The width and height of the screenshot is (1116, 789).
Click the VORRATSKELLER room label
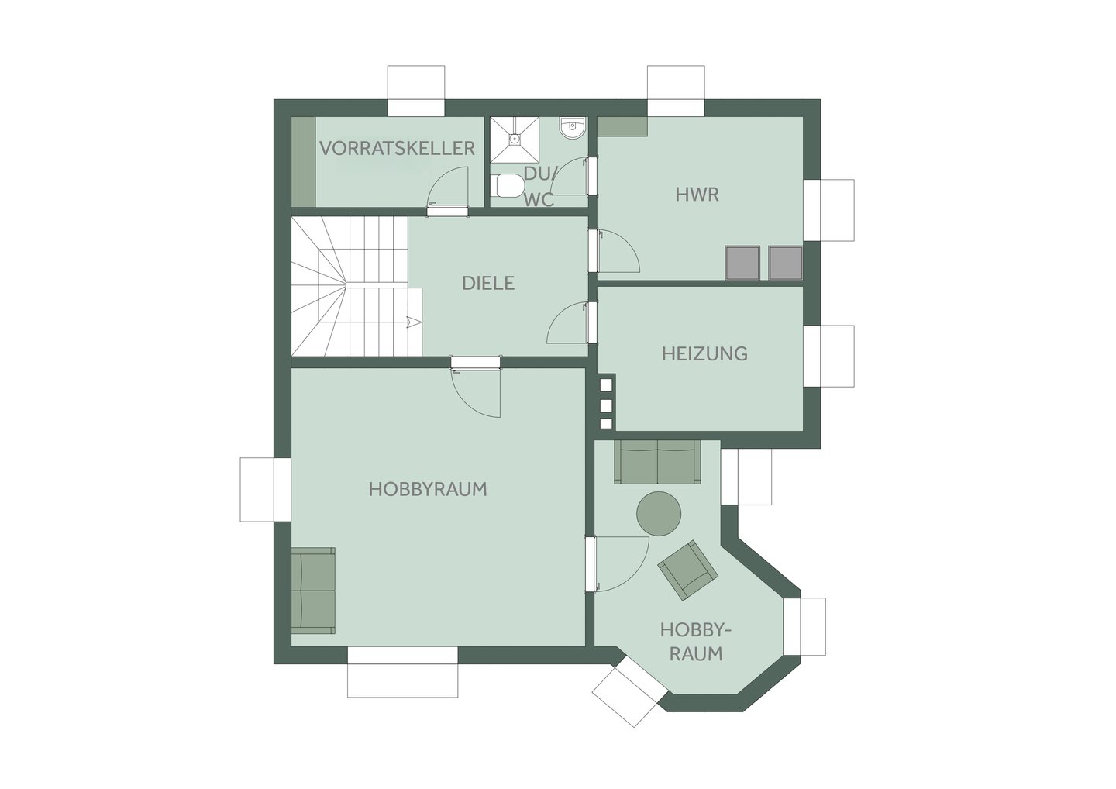(397, 149)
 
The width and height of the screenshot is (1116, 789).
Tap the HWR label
(697, 195)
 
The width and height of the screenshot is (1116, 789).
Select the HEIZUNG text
(704, 353)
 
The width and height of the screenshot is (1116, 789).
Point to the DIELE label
(487, 283)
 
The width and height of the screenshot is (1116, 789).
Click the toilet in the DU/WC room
(509, 186)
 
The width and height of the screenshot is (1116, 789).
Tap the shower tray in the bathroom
(515, 140)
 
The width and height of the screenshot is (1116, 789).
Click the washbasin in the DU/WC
(573, 128)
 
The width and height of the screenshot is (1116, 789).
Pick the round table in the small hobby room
(659, 514)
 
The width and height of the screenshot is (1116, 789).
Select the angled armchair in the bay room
(687, 570)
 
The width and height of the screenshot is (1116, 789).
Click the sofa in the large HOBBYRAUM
(313, 591)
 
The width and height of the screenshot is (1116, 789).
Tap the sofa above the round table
(657, 462)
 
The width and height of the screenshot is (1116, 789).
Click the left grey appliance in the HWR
(742, 263)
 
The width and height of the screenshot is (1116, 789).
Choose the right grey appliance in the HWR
(785, 263)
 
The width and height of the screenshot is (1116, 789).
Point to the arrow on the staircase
(412, 322)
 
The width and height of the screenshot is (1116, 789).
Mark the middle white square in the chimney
(606, 405)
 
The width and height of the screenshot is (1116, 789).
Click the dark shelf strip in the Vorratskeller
(304, 162)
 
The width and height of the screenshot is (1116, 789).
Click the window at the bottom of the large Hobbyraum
(402, 672)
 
